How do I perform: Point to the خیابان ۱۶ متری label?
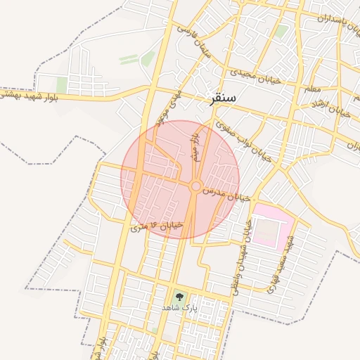click(158, 226)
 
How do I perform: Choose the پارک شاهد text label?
click(180, 309)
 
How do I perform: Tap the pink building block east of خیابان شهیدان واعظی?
click(272, 224)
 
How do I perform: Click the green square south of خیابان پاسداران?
click(281, 32)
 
